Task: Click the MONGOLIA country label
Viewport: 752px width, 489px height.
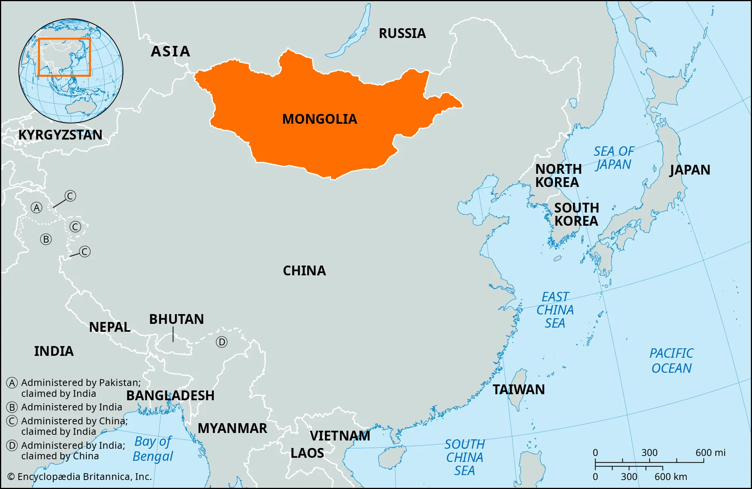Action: (x=320, y=119)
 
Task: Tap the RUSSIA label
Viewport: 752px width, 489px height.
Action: (x=402, y=33)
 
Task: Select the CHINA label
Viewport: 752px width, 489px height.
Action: (x=304, y=271)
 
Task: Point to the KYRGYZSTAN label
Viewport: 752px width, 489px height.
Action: (x=60, y=135)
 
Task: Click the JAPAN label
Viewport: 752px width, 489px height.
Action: (x=690, y=170)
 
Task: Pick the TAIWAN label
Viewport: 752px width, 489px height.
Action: (x=519, y=390)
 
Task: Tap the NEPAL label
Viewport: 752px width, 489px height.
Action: (x=109, y=327)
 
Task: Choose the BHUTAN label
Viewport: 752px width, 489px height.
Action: (x=176, y=319)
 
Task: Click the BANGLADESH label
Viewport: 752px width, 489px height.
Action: (x=170, y=396)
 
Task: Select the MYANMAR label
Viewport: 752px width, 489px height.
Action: (x=232, y=428)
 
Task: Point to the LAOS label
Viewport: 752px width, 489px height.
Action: (x=307, y=453)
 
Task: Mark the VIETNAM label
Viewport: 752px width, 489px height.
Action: (x=340, y=436)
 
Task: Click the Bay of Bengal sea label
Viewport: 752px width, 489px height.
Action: (x=153, y=449)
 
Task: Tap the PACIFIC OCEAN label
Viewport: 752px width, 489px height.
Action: (x=672, y=361)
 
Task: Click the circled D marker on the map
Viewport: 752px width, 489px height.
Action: (x=221, y=342)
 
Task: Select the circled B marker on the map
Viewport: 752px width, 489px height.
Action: (x=46, y=239)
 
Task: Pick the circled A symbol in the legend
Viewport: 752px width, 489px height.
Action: (x=12, y=383)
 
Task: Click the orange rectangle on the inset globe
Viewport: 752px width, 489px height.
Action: (x=64, y=57)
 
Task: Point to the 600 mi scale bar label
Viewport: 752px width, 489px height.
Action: (x=710, y=453)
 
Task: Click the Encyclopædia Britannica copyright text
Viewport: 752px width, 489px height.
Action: (x=79, y=477)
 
